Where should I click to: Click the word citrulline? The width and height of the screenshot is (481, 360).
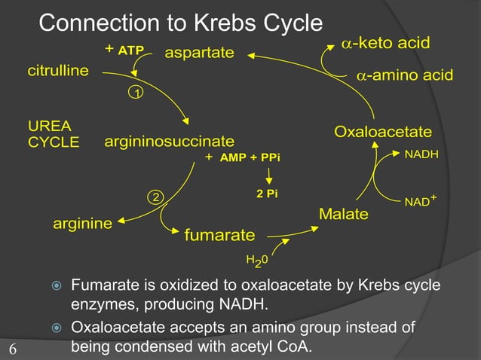(58, 72)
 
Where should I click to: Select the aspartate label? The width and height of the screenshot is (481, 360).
(199, 53)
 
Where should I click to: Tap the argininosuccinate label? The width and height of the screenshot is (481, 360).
(169, 142)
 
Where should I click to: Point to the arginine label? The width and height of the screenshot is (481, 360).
(82, 224)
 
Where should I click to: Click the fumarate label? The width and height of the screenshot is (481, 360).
(219, 236)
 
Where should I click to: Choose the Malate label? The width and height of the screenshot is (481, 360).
(343, 215)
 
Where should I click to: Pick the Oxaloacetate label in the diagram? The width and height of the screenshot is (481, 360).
(383, 133)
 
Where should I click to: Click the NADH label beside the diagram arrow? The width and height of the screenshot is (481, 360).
(422, 154)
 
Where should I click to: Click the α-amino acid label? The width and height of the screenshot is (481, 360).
(404, 75)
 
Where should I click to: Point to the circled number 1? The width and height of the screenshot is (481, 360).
(137, 93)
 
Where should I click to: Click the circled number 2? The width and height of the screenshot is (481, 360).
(155, 197)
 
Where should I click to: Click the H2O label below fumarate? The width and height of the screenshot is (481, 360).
(256, 261)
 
